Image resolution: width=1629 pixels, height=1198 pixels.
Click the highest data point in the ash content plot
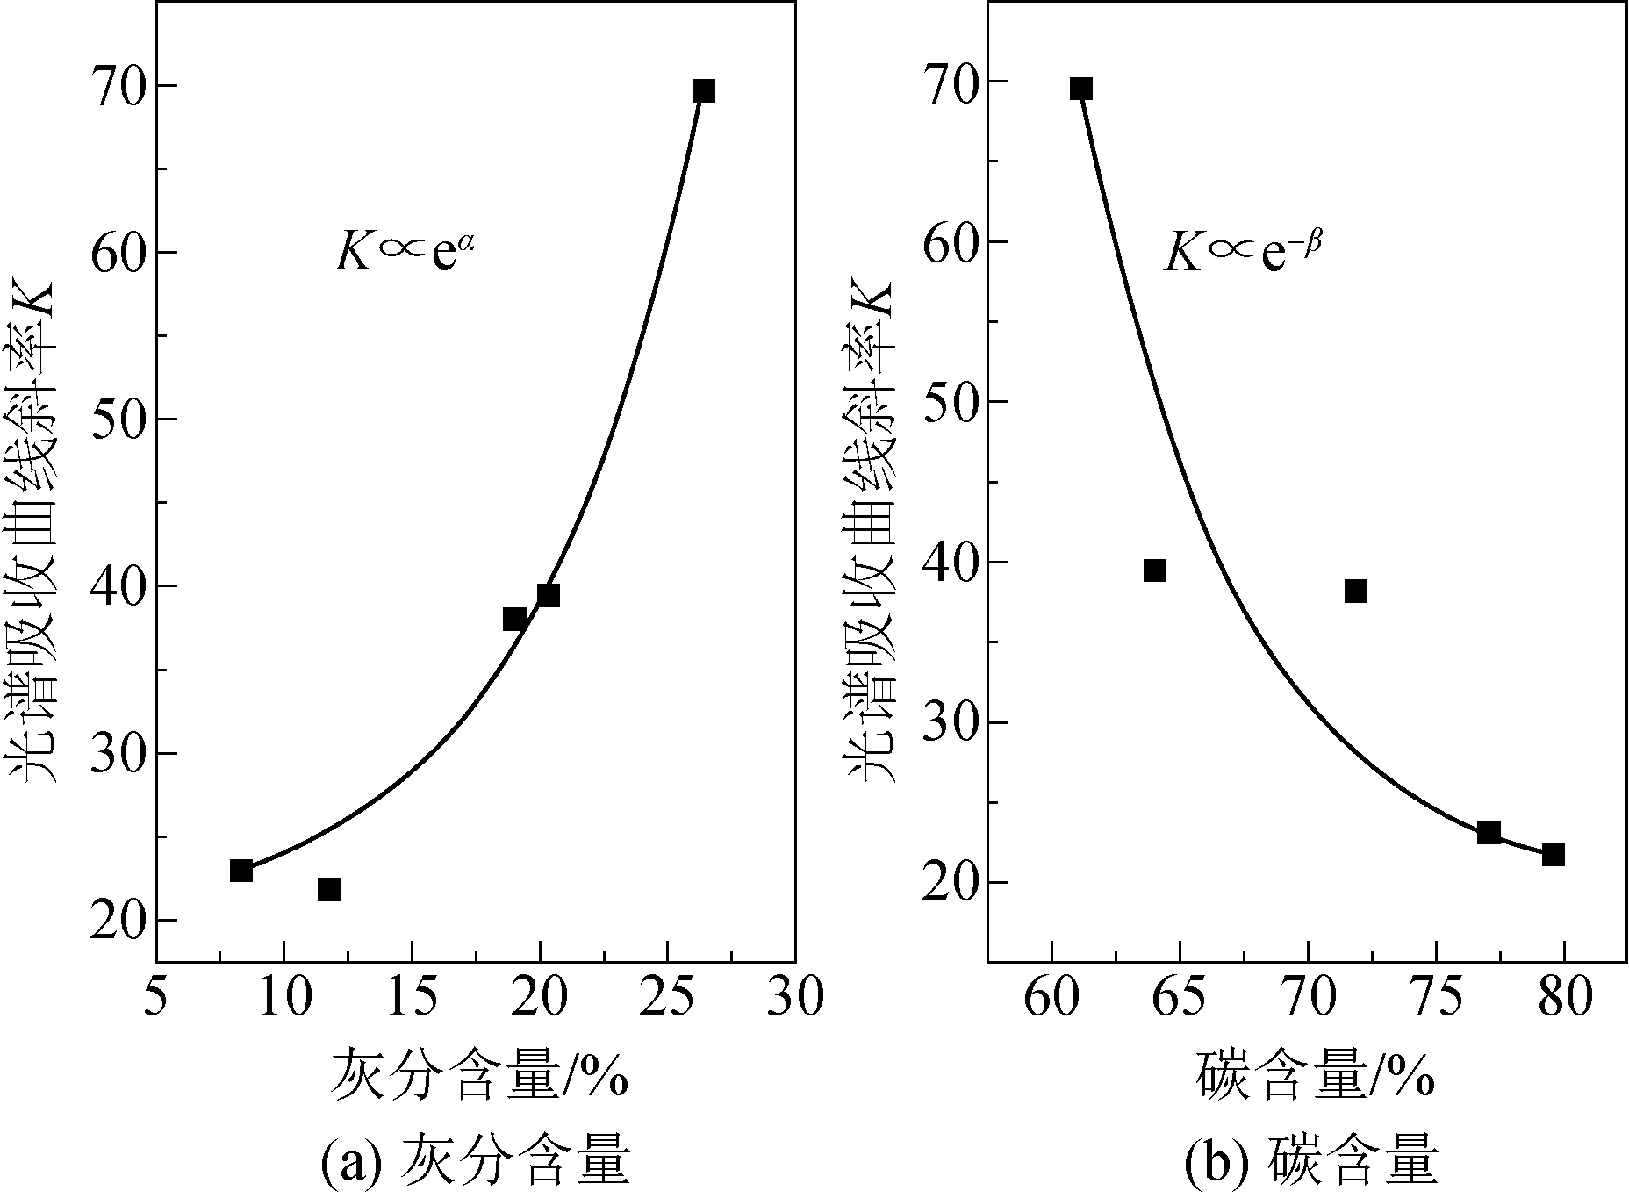[x=703, y=91]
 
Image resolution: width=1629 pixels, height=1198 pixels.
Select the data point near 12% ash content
[x=329, y=889]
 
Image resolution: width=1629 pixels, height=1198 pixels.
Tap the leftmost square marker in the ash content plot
[x=241, y=871]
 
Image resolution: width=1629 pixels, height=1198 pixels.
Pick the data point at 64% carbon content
[x=1155, y=570]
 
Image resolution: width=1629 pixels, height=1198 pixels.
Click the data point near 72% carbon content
[x=1356, y=591]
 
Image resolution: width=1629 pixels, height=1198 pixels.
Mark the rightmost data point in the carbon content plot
[x=1554, y=854]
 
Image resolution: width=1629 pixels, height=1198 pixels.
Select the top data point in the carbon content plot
[x=1081, y=89]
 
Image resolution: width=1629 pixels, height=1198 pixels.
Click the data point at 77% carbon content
[x=1489, y=832]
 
